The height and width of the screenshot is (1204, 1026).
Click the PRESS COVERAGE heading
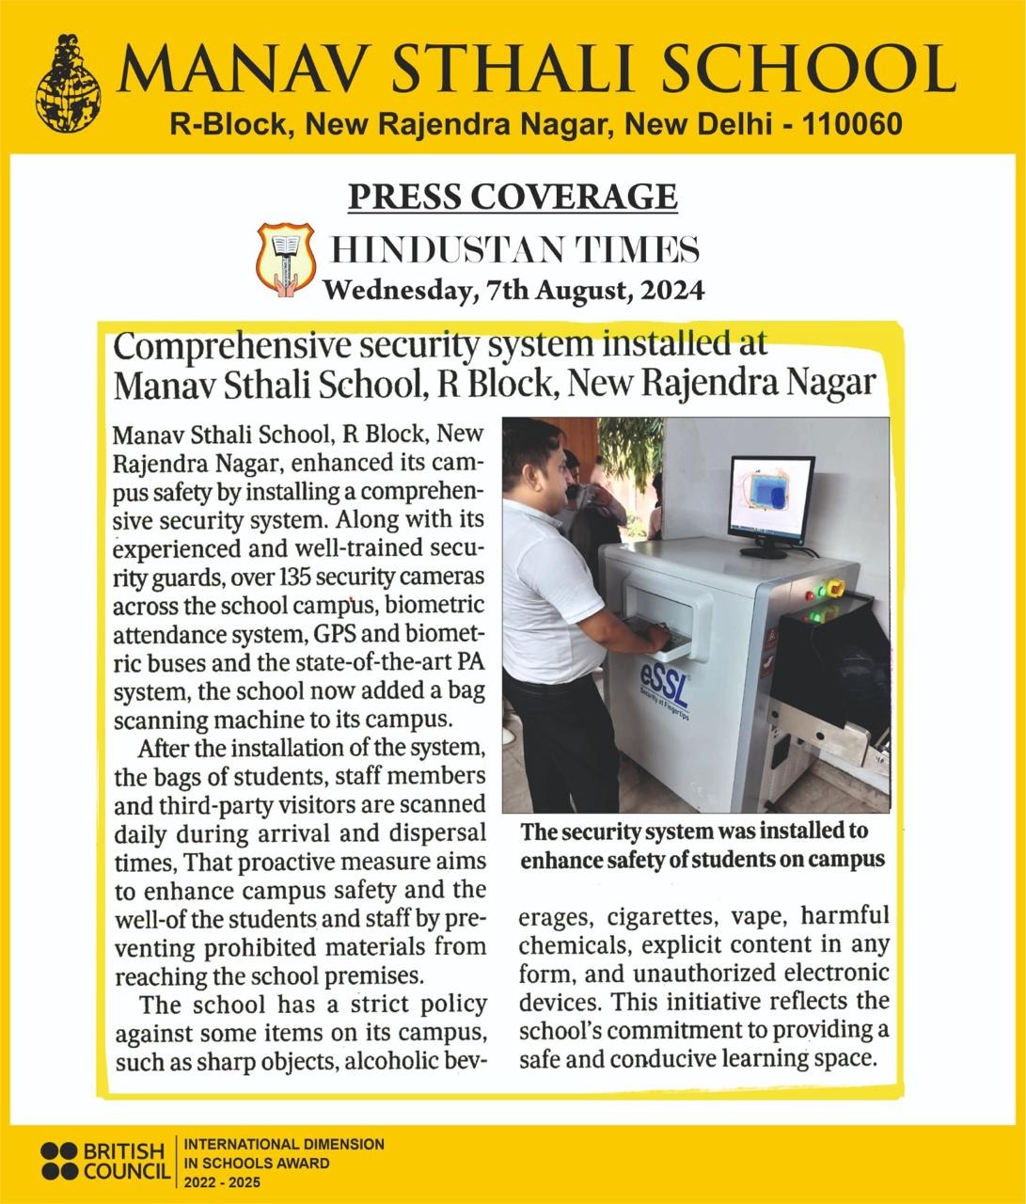point(513,197)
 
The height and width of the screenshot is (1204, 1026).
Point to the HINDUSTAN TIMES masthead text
point(516,251)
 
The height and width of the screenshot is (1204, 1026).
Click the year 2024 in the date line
point(671,291)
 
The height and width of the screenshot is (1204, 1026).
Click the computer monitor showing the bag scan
point(771,500)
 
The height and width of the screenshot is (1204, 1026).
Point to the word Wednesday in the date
point(395,291)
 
